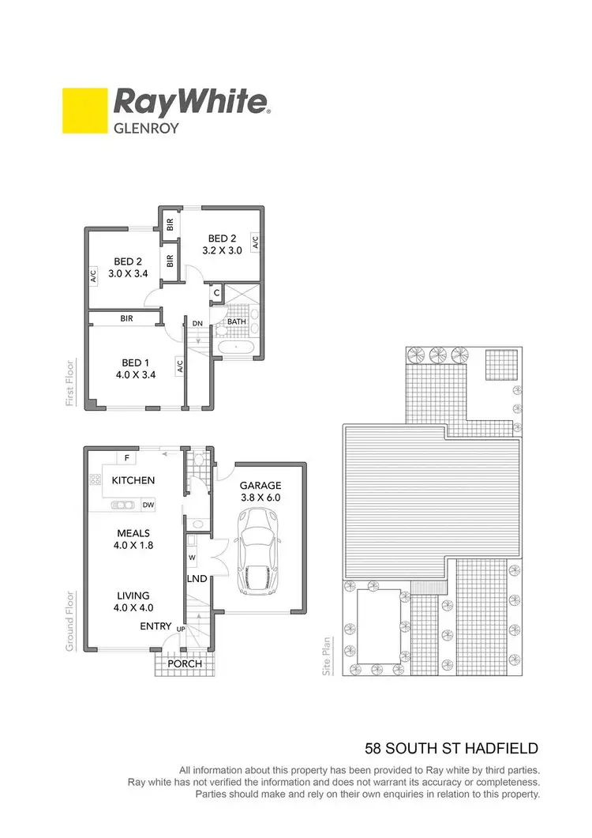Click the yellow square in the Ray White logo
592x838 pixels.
point(84,110)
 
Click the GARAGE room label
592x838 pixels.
point(260,486)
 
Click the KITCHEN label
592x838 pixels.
point(133,480)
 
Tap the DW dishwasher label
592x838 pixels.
point(148,505)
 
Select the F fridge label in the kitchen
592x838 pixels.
point(126,458)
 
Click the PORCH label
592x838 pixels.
point(185,663)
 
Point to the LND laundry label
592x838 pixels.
point(197,579)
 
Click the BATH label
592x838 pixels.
point(237,322)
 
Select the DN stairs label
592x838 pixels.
point(198,323)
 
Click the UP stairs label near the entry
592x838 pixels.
point(181,629)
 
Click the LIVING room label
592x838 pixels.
point(132,596)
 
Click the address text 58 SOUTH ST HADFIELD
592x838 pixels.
point(451,747)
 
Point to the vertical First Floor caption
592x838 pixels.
point(70,385)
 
